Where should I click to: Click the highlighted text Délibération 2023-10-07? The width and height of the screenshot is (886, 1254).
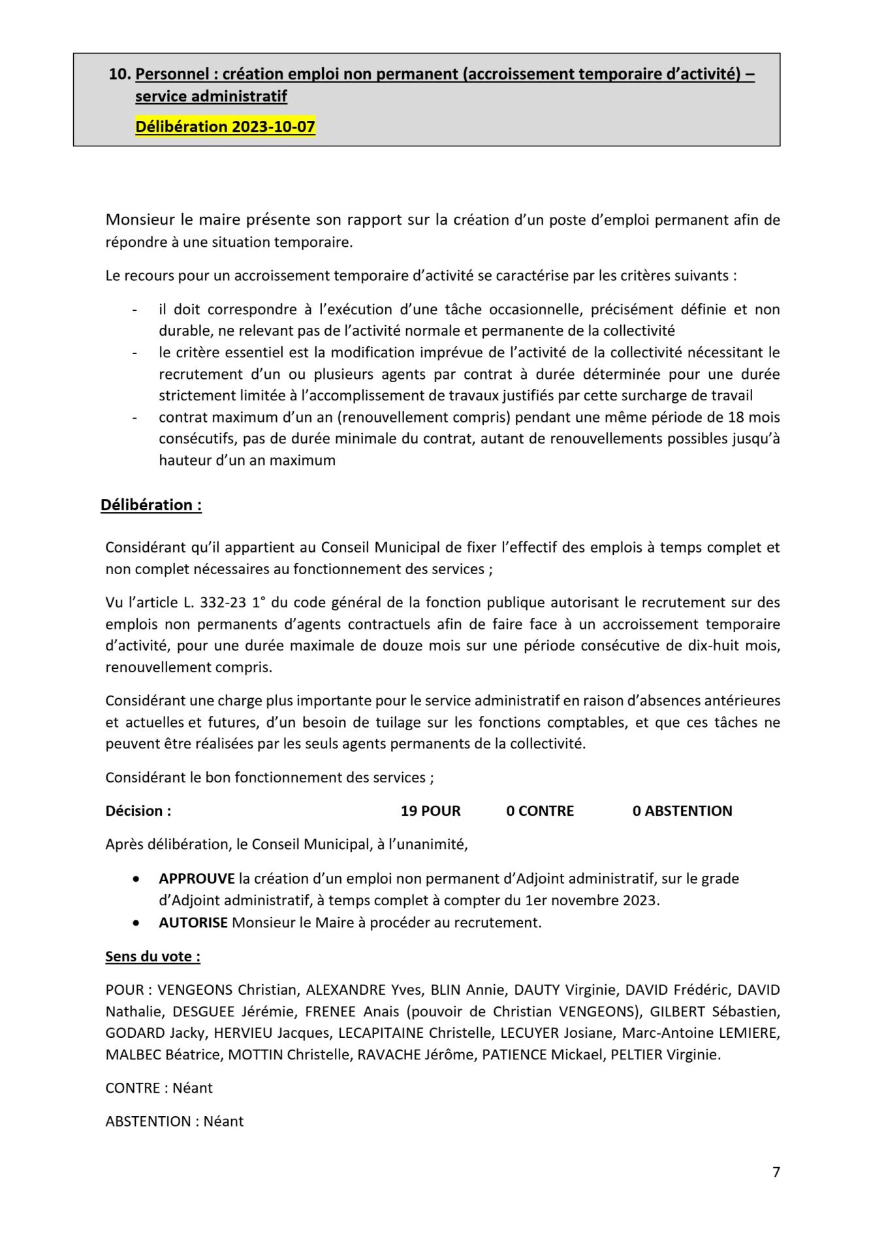point(225,126)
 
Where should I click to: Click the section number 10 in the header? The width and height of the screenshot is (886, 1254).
point(119,74)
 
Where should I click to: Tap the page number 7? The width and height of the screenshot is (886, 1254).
point(776,1172)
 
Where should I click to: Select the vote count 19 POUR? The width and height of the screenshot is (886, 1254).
point(430,811)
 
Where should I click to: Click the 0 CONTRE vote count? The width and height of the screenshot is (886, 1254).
point(540,811)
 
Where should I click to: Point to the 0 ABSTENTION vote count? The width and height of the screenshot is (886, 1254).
point(682,811)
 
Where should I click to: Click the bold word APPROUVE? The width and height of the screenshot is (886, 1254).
point(197,878)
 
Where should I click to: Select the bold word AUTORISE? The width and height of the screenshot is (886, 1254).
point(193,923)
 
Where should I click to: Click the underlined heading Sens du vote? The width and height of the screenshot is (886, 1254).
point(153,957)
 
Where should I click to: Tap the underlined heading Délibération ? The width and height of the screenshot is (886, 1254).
point(151,505)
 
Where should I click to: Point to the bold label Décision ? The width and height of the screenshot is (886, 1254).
point(138,811)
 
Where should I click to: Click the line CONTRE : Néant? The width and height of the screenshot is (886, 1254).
point(159,1088)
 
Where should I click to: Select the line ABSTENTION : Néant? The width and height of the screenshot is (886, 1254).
point(174,1121)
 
